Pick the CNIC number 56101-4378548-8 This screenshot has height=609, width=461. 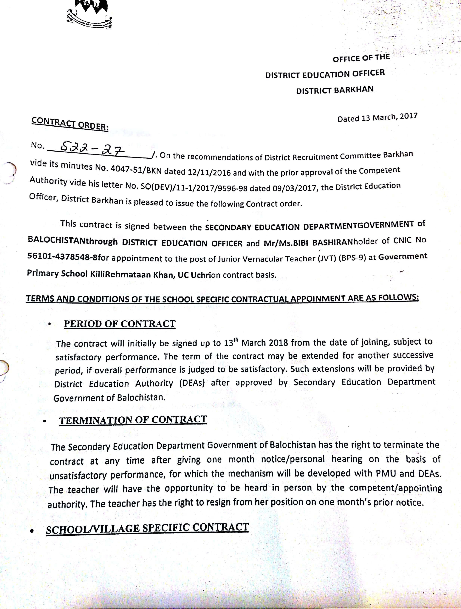coord(62,257)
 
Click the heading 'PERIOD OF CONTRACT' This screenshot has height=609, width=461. coord(120,324)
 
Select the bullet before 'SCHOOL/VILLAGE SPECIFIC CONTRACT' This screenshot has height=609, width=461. coord(32,530)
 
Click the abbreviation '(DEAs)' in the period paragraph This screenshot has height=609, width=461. coord(192,383)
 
